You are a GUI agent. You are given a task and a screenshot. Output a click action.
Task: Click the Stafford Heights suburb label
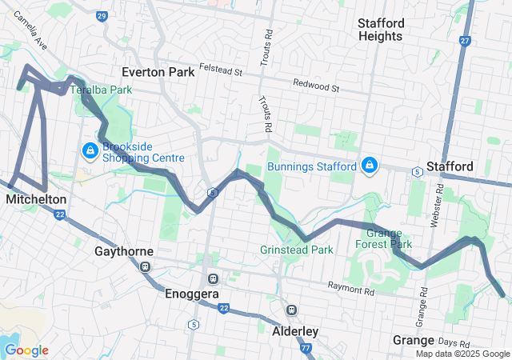(x=392, y=30)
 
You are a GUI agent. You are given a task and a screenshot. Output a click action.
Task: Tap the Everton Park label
(x=158, y=72)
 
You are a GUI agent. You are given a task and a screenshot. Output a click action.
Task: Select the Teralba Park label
(x=101, y=90)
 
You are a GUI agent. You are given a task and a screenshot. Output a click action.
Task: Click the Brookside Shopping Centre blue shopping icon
(x=90, y=150)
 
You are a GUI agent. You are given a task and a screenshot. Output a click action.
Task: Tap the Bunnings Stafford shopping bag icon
(x=369, y=166)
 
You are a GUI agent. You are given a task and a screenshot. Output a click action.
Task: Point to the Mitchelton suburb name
(x=35, y=198)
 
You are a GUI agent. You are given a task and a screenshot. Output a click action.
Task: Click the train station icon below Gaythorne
(x=145, y=266)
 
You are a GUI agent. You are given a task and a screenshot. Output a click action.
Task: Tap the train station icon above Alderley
(x=292, y=310)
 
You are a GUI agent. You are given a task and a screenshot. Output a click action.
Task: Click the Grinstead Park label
(x=296, y=250)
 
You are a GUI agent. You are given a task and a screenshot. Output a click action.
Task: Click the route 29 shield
(x=101, y=15)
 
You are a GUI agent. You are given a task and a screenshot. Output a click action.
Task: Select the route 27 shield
(x=465, y=39)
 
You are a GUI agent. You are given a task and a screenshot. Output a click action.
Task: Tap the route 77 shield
(x=306, y=348)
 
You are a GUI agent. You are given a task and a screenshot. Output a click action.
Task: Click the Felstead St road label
(x=221, y=71)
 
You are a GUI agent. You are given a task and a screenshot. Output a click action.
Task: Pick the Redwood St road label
(x=316, y=83)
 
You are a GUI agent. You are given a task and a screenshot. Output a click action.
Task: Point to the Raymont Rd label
(x=350, y=286)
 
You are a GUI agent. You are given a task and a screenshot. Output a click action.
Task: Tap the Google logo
(x=26, y=350)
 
